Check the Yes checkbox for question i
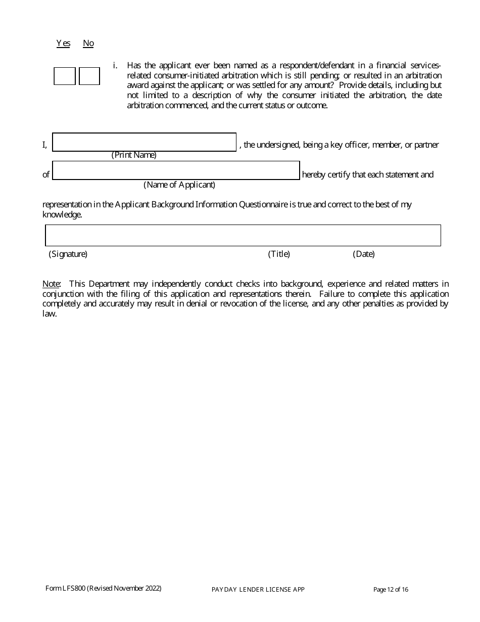coord(65,76)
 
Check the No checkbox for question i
coord(89,76)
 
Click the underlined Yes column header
coord(63,43)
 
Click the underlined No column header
coord(88,43)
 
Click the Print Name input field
coord(145,142)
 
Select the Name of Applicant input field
coord(176,170)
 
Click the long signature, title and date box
coord(243,236)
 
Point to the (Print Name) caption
coord(134,155)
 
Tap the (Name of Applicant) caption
coord(179,185)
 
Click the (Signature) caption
coord(68,254)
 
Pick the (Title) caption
coord(279,254)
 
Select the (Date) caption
coord(364,254)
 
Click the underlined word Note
coord(51,284)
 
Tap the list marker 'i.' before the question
coord(115,66)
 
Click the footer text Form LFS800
coord(104,588)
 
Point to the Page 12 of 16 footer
coord(391,589)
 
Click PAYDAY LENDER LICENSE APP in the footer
coord(258,590)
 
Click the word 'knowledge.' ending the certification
coord(62,215)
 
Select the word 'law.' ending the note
coord(50,314)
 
